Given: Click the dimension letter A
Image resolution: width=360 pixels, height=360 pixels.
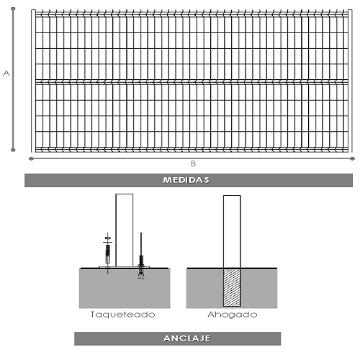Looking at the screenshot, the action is tap(6, 73).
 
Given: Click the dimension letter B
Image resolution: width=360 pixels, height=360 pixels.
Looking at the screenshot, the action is tap(193, 163).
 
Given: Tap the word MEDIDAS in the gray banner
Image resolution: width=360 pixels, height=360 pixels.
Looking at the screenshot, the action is tap(186, 180).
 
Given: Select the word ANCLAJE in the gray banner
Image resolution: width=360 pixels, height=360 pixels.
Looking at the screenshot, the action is tap(187, 338).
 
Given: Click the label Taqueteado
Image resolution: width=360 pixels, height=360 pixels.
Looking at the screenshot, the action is tap(122, 315).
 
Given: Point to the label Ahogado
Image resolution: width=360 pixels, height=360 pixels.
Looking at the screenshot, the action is tap(233, 315).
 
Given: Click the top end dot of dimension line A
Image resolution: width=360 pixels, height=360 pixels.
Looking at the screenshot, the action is tap(13, 9).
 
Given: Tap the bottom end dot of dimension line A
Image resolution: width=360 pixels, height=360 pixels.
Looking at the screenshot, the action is tap(13, 150).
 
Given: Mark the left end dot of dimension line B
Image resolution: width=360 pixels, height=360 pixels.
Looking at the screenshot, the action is tap(31, 158).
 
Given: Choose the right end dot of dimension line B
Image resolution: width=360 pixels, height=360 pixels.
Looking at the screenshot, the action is tap(352, 158).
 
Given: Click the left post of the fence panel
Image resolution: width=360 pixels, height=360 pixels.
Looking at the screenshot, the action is tap(33, 81).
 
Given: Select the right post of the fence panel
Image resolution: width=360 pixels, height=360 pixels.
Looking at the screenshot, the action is tap(350, 81).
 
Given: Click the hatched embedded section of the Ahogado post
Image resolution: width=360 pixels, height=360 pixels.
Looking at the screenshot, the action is tap(232, 287).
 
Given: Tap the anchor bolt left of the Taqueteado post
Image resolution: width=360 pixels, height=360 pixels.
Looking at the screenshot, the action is tap(108, 253).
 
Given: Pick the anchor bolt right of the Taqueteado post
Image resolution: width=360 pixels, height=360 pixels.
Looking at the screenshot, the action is tap(141, 256).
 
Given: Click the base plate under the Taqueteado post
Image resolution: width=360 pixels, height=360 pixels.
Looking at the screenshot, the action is tap(125, 267).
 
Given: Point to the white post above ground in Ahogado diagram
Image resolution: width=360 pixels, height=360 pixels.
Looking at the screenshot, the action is tap(232, 232).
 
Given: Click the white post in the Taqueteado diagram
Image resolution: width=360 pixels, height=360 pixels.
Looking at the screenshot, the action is tap(125, 230).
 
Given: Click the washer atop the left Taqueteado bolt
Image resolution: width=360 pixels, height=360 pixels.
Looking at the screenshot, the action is tap(108, 238).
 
